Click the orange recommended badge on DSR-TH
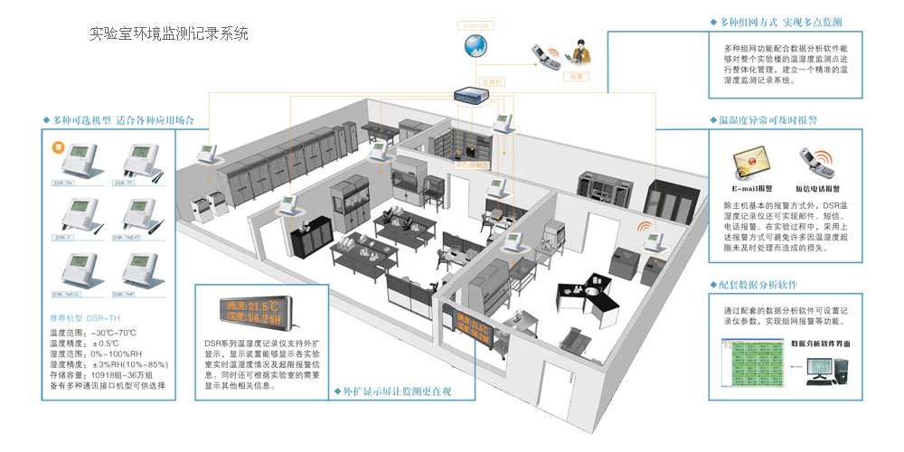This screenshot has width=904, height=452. coord(56,146)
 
